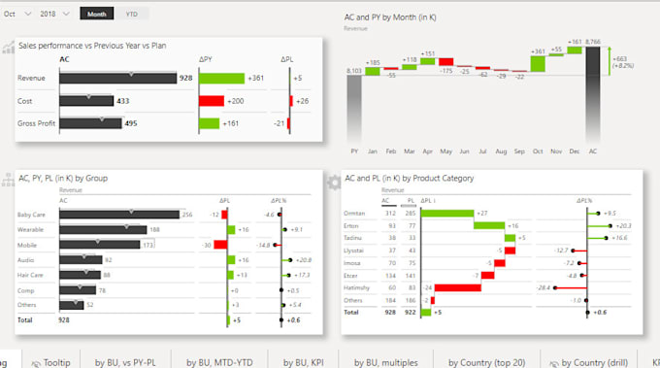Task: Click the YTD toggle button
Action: [131, 15]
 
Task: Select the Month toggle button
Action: [96, 15]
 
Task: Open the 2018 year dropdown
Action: [53, 15]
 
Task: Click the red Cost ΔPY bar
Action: [212, 101]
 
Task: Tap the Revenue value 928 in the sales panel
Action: [185, 79]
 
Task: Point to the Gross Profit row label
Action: [36, 123]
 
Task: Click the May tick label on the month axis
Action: [445, 152]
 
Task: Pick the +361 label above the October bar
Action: [539, 50]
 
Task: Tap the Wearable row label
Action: [30, 230]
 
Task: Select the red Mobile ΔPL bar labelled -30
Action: [220, 245]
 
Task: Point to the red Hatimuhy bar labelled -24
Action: [445, 287]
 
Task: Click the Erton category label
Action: [351, 225]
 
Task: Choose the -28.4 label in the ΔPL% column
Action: [544, 287]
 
